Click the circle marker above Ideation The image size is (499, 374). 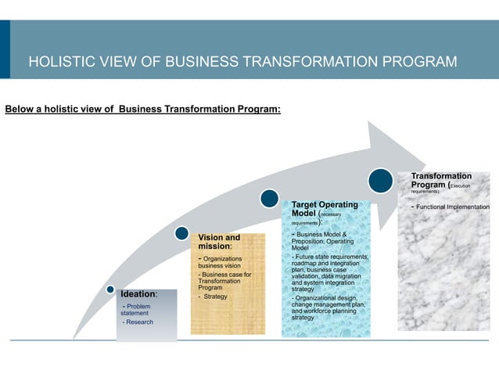[111, 290]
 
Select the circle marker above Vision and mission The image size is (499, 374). [182, 234]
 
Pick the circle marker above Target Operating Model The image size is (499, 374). [270, 199]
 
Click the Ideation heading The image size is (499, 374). [138, 294]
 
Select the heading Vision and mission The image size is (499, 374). [220, 242]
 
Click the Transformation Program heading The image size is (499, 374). [441, 181]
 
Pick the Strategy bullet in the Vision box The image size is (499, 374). [214, 297]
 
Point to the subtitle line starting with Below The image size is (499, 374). [143, 109]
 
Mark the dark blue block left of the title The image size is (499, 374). [5, 49]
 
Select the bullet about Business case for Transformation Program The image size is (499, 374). [225, 282]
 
